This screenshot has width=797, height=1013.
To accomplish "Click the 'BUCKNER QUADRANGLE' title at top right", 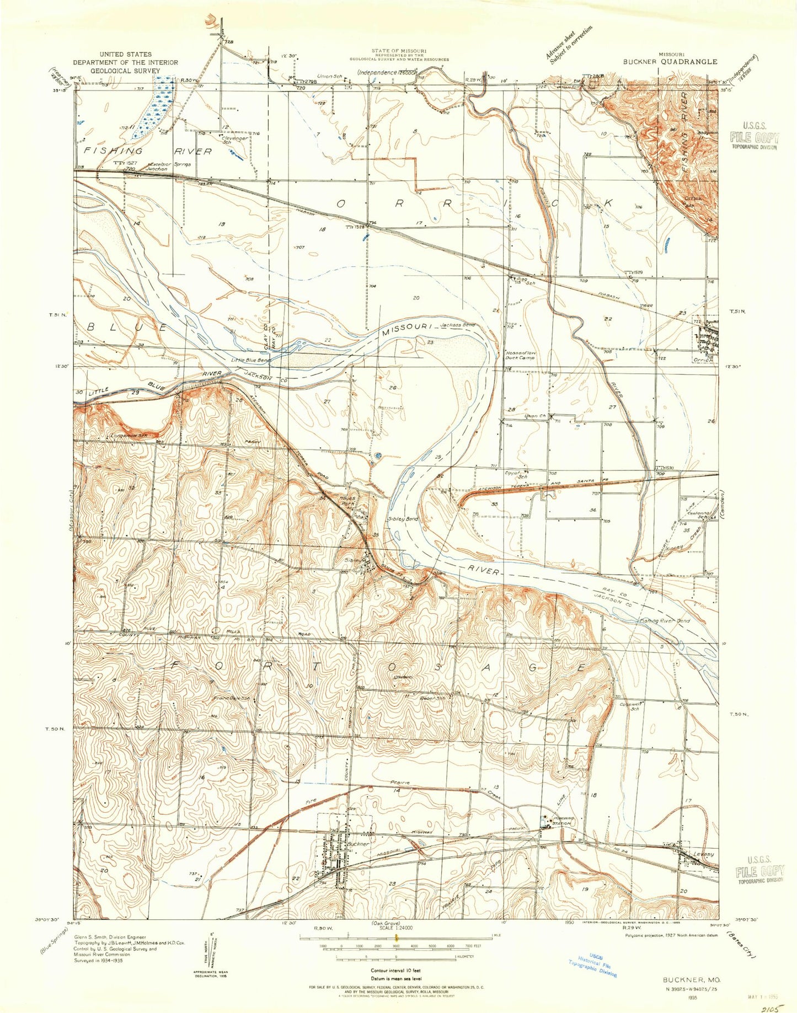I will tap(670, 62).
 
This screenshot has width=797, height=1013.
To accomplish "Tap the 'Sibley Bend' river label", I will tap(403, 519).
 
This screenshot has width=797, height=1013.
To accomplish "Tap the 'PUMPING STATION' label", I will tap(560, 821).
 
